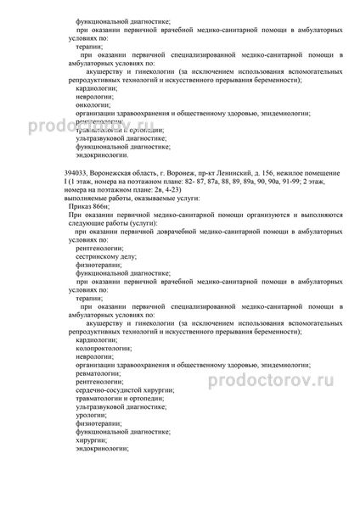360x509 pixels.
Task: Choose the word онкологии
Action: click(91, 103)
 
